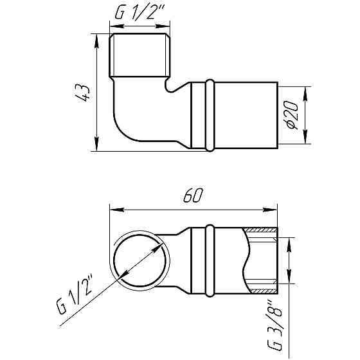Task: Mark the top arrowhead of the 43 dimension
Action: pos(96,39)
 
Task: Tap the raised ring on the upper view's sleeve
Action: pos(210,115)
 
